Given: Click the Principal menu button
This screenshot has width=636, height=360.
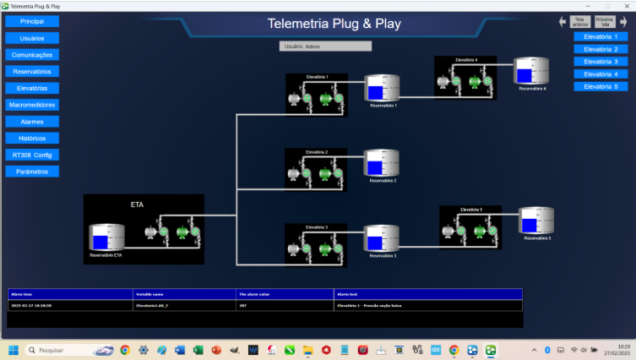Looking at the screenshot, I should [x=32, y=22].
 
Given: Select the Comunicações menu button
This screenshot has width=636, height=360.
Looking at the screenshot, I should [x=32, y=55].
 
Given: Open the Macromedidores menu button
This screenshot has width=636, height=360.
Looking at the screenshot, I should [x=32, y=105].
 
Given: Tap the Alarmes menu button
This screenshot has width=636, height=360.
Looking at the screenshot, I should [x=32, y=122].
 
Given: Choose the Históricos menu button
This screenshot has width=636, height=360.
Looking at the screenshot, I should [x=32, y=138].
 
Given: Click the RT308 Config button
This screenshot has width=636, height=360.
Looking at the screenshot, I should [x=32, y=155].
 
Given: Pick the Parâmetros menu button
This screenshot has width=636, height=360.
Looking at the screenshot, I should [x=32, y=172].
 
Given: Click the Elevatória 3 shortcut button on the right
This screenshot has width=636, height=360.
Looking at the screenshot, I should [x=601, y=62].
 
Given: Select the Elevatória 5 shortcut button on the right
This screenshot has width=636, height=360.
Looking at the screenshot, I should [x=601, y=86].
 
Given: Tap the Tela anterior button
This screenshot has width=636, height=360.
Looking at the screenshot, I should [x=579, y=22].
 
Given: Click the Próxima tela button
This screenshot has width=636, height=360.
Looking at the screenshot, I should [x=604, y=22].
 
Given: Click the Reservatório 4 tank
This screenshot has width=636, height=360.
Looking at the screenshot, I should [x=531, y=73].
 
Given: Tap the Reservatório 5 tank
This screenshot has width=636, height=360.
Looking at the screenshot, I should [x=535, y=222].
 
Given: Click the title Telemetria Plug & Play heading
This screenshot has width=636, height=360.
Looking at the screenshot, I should [x=334, y=24].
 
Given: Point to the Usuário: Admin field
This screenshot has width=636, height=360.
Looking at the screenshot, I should [x=325, y=46].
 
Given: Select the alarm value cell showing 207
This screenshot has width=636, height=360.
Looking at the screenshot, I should [x=243, y=303].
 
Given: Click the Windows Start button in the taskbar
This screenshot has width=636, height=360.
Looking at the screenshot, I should [x=14, y=349].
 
